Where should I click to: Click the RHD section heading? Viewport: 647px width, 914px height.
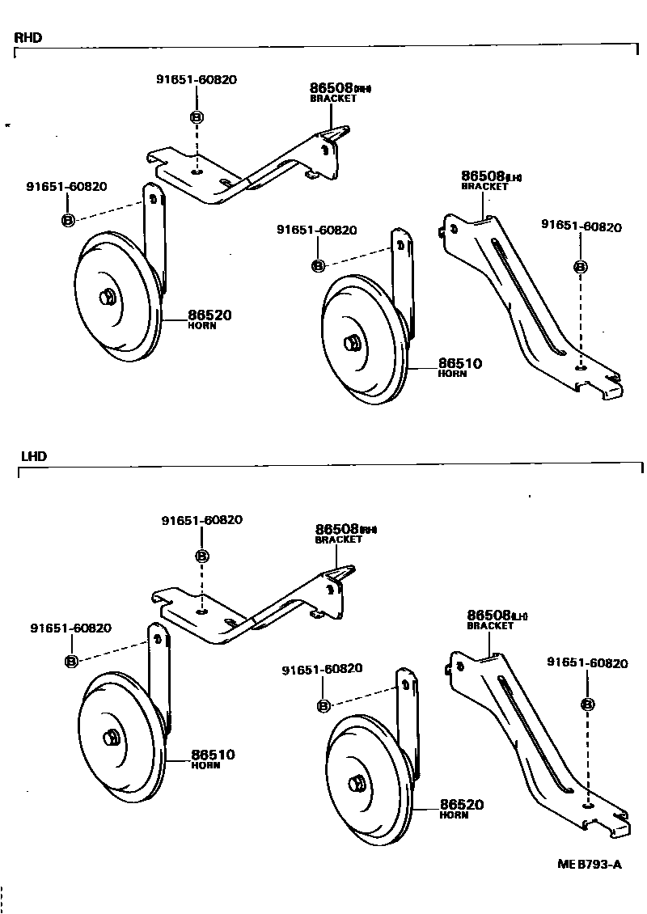click(x=27, y=37)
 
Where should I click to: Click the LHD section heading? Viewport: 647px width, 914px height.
click(x=33, y=456)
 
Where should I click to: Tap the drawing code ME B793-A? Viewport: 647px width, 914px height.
click(x=589, y=864)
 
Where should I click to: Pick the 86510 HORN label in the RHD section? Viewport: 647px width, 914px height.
click(x=459, y=367)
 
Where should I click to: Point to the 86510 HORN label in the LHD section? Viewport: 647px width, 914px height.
click(x=213, y=758)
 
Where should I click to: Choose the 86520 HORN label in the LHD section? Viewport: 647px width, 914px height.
click(x=461, y=808)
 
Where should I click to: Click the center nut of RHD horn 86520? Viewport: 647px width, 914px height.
click(x=107, y=298)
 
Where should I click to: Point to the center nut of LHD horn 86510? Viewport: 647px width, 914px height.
click(x=110, y=738)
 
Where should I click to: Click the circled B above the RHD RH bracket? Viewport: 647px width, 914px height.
click(x=197, y=117)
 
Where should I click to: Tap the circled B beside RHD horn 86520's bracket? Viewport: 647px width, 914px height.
click(x=68, y=220)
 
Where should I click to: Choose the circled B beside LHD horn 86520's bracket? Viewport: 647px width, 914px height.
click(x=323, y=706)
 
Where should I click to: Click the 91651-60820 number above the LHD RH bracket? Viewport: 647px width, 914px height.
click(x=201, y=520)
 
